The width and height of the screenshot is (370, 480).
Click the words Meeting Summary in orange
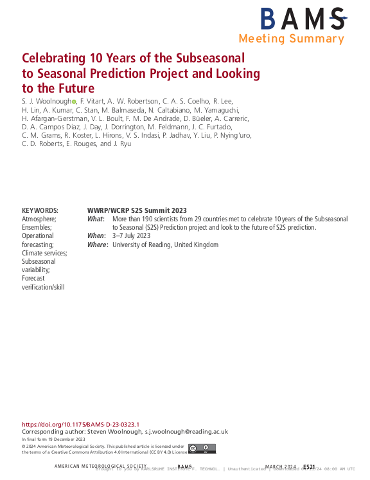291,39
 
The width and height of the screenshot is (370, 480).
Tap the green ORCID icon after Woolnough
74,102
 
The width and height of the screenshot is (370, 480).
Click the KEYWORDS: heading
40,210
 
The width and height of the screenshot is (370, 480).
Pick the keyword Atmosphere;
39,219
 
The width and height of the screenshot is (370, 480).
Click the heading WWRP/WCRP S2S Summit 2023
137,210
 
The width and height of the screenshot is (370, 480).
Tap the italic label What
95,219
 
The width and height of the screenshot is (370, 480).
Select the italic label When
96,236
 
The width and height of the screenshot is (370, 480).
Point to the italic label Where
97,245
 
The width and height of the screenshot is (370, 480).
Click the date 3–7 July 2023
131,236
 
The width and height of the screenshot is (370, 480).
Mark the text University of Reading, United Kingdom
165,245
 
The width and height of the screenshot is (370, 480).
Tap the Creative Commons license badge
202,449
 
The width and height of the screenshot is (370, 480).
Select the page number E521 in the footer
309,466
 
